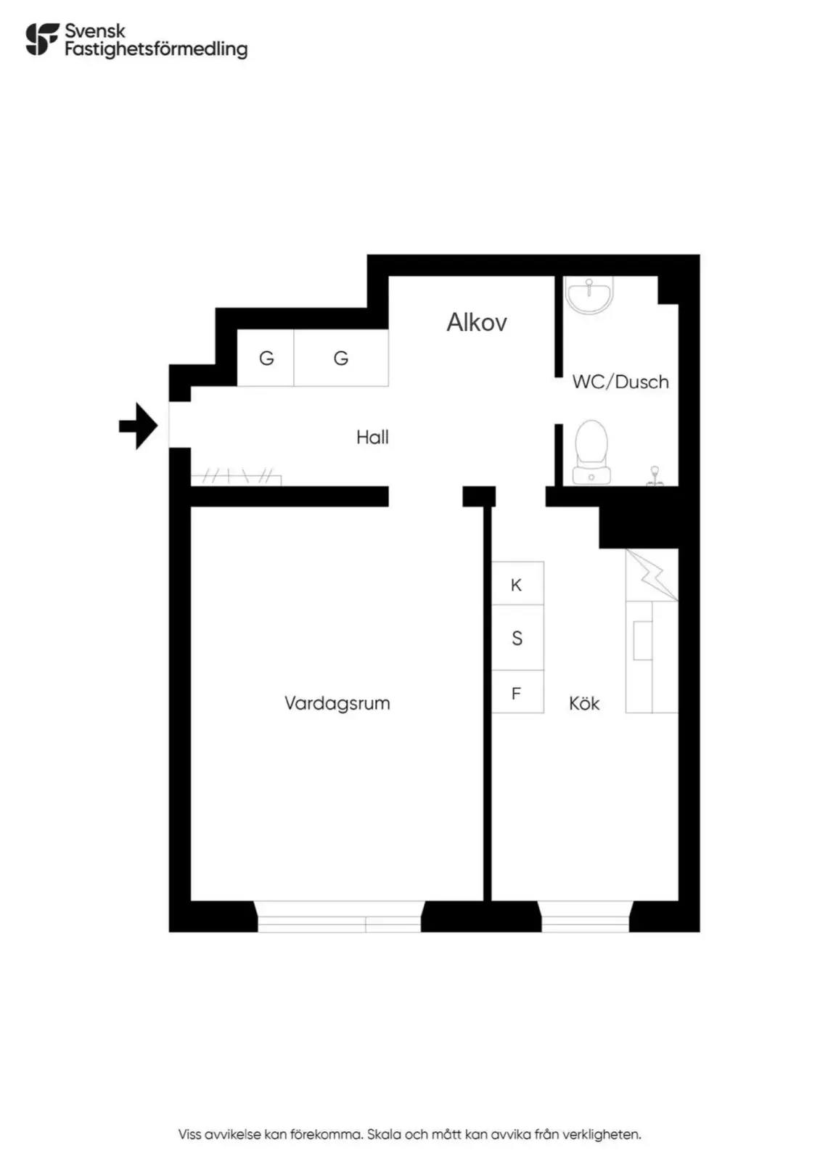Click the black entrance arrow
click(139, 425)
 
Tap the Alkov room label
click(476, 322)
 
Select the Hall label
click(372, 437)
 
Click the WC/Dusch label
click(620, 382)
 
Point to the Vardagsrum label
click(337, 703)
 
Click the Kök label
click(584, 703)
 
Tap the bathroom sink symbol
click(589, 295)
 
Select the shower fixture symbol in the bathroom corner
click(655, 476)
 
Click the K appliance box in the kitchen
click(517, 583)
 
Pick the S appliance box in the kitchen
click(517, 638)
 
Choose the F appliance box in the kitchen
click(517, 692)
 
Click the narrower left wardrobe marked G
click(266, 358)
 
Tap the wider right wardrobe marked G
click(341, 358)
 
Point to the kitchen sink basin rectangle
click(643, 641)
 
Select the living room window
click(340, 916)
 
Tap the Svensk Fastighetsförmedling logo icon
click(42, 39)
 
